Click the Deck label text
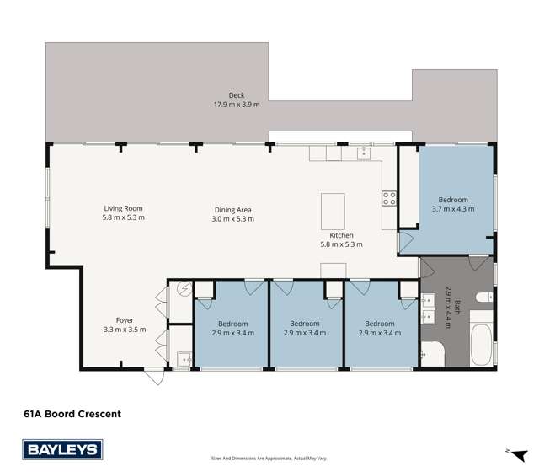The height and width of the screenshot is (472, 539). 237,95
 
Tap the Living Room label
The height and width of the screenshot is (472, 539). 124,208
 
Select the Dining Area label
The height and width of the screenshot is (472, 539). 233,210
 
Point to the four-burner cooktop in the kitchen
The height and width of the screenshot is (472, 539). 390,199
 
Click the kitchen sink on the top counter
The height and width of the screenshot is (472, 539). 363,153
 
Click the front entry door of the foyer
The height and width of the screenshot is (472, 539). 153,376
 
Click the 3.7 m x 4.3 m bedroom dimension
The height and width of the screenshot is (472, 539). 450,209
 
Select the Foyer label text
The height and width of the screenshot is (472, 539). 124,320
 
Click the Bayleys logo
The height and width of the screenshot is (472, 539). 62,449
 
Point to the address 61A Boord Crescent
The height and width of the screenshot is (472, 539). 72,414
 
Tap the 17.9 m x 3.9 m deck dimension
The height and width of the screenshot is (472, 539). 237,105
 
